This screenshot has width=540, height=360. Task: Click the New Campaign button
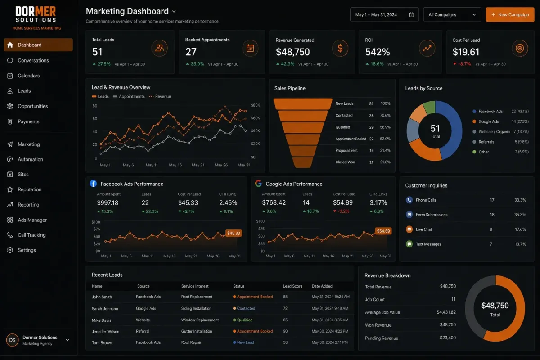(510, 15)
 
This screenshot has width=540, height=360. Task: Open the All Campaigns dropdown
(452, 15)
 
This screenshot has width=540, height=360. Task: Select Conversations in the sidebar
(33, 60)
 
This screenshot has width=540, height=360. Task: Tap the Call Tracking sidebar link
(31, 235)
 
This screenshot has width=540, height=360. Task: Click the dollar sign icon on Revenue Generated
(340, 48)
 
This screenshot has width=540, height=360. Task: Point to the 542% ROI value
(377, 52)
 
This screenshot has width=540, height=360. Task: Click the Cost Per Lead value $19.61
(466, 52)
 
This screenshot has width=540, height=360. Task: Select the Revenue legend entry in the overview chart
(160, 96)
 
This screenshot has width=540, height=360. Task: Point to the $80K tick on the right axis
(255, 105)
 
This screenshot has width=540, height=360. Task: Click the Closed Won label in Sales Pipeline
(345, 162)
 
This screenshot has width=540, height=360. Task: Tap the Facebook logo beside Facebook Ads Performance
(93, 184)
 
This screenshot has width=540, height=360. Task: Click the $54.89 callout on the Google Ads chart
(383, 231)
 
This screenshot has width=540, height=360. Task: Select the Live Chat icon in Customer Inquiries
(409, 229)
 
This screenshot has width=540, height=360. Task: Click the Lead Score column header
(292, 286)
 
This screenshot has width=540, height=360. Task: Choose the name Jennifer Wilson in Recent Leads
(106, 332)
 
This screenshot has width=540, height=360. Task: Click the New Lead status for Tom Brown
(245, 342)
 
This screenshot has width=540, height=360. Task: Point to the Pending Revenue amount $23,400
(448, 337)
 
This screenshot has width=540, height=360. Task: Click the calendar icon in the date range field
(411, 15)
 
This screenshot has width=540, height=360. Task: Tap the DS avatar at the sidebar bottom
(12, 340)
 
